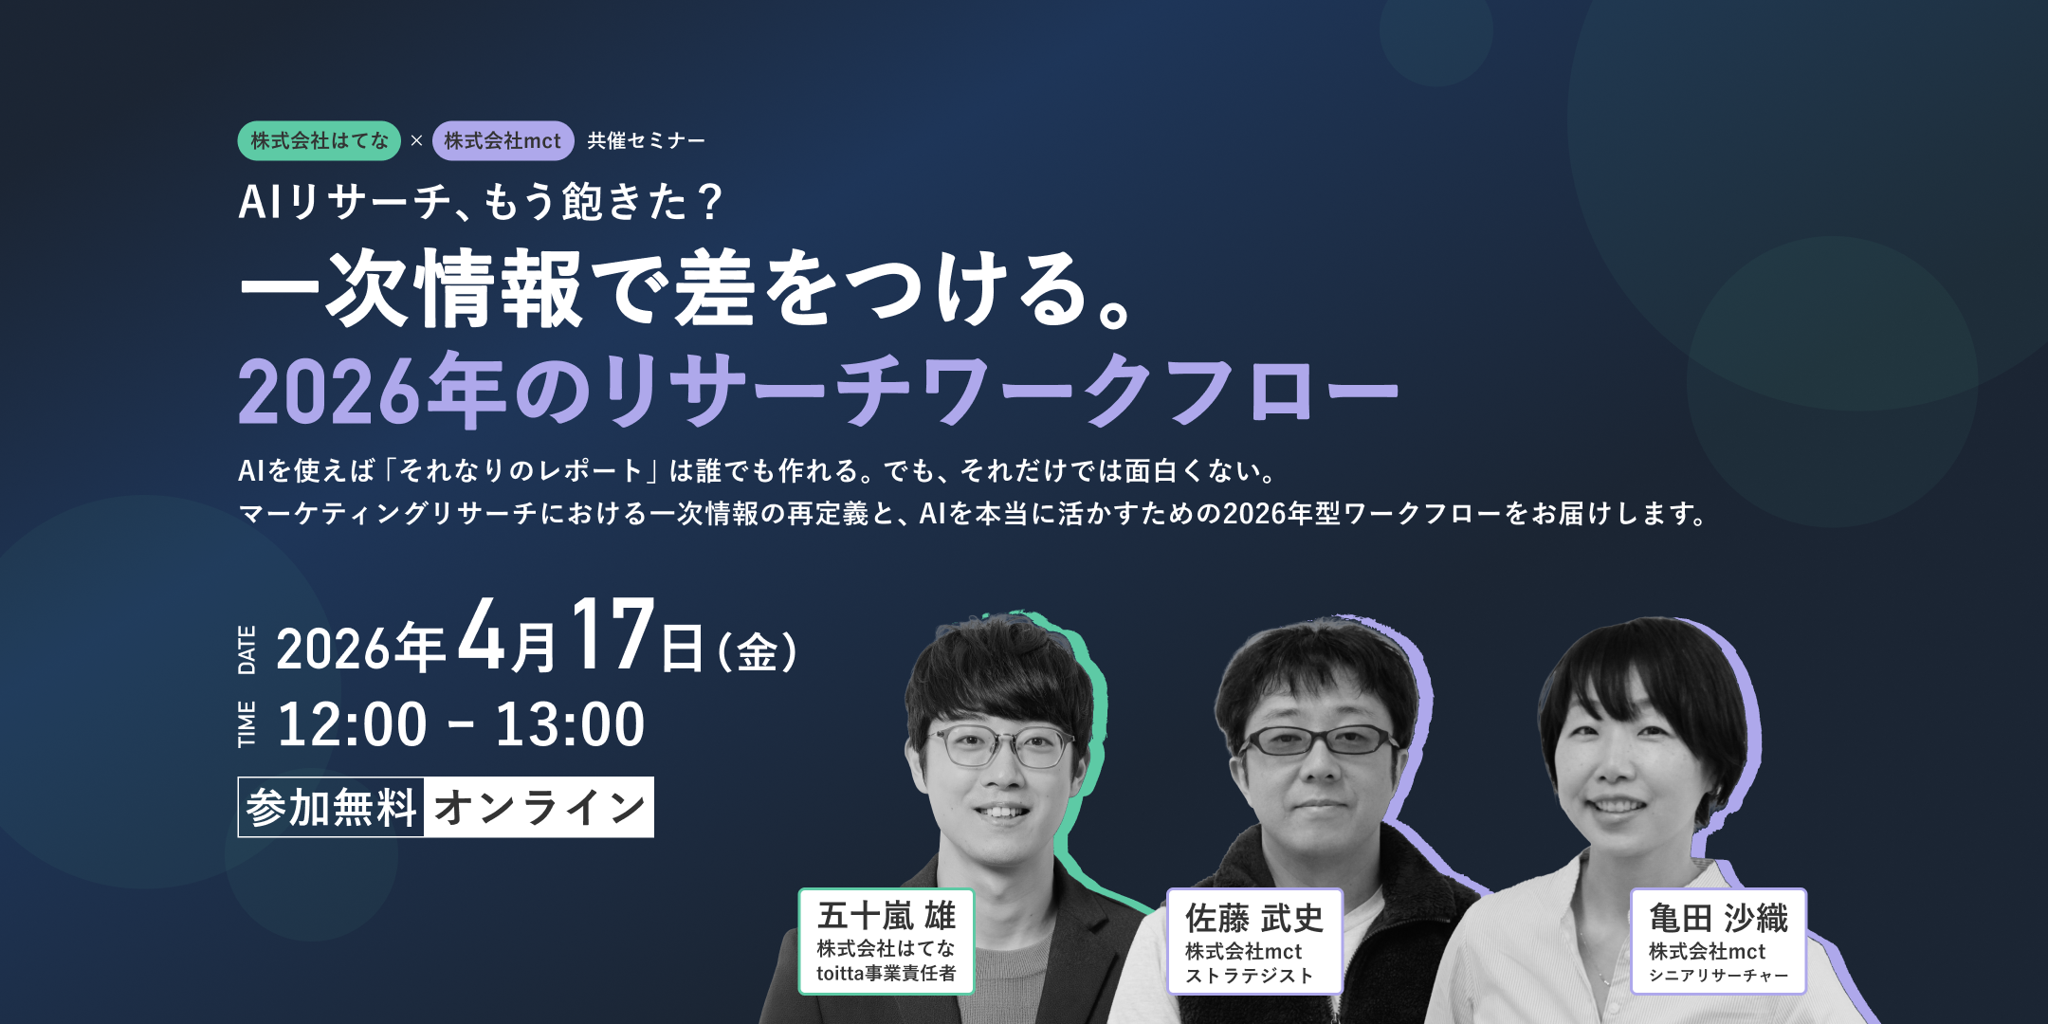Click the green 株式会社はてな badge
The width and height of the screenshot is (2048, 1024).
(319, 141)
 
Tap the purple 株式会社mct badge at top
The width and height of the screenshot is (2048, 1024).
(503, 141)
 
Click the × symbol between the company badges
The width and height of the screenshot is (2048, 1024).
(416, 141)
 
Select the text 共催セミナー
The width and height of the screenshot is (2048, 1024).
(646, 141)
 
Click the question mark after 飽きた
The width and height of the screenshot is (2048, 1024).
(708, 202)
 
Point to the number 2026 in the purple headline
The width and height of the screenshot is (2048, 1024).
(328, 391)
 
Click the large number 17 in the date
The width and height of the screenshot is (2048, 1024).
(612, 635)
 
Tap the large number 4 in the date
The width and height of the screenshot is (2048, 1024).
(482, 635)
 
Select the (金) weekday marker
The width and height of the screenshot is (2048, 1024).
(757, 652)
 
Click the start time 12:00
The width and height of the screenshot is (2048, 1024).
(352, 725)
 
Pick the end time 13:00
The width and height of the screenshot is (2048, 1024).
(570, 725)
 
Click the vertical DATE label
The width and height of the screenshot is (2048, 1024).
(247, 650)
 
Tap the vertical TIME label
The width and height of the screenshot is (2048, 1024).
(247, 724)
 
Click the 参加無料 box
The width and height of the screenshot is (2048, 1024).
(331, 808)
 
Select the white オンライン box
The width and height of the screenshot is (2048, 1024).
(539, 808)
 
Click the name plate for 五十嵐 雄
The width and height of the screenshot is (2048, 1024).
(886, 942)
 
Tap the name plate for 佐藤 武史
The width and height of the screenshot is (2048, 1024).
(1253, 942)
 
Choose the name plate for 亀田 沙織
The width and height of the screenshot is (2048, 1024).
(1717, 942)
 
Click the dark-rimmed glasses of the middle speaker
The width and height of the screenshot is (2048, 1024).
(1321, 741)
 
